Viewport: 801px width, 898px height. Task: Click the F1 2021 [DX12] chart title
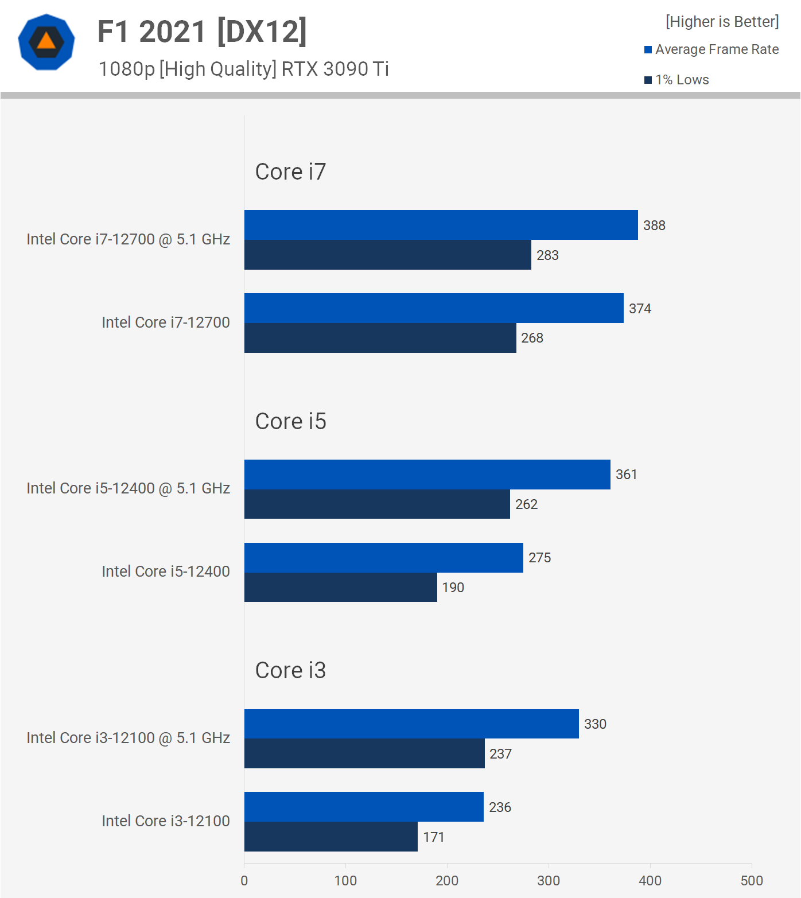[x=202, y=32]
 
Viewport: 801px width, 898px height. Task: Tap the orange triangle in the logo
[x=46, y=41]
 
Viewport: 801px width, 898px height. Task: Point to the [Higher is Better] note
[x=722, y=22]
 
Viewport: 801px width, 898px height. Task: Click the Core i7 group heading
[x=290, y=172]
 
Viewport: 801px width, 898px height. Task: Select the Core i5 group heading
[x=290, y=421]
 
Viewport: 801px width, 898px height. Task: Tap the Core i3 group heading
[x=290, y=670]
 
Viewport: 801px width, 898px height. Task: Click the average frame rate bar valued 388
[x=441, y=225]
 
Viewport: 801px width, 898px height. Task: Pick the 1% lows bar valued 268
[x=380, y=338]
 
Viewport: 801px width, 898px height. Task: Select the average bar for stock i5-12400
[x=383, y=558]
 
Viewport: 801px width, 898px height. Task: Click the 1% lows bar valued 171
[x=330, y=837]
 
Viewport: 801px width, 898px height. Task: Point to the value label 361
[x=626, y=475]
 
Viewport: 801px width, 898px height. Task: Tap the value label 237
[x=500, y=754]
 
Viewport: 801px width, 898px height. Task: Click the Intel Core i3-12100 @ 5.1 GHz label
[x=128, y=738]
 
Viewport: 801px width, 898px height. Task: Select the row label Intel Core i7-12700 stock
[x=165, y=322]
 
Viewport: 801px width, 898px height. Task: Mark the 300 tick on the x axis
[x=549, y=881]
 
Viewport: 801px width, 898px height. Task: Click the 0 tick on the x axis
[x=244, y=881]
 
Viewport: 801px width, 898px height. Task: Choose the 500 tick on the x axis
[x=751, y=881]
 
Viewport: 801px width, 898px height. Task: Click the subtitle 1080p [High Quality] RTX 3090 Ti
[x=243, y=69]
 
